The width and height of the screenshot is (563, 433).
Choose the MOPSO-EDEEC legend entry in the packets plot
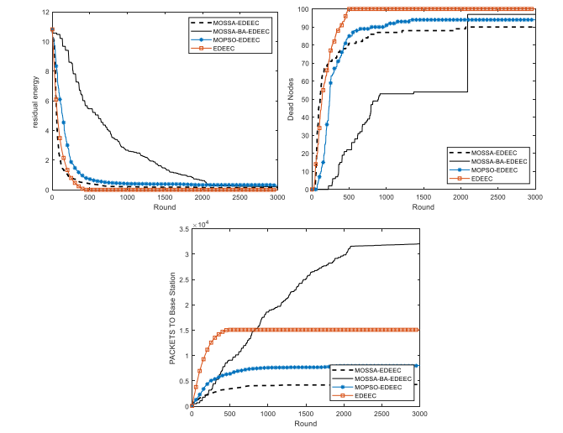(386, 386)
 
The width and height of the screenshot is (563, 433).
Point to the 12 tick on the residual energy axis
(45, 10)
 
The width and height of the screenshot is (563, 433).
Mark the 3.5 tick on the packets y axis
(183, 228)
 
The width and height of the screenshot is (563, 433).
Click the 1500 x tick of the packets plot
(306, 415)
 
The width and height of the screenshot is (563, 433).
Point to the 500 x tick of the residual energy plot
(88, 198)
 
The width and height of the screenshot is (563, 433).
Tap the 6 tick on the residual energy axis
(47, 100)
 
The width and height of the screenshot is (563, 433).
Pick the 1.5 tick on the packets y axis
(183, 330)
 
